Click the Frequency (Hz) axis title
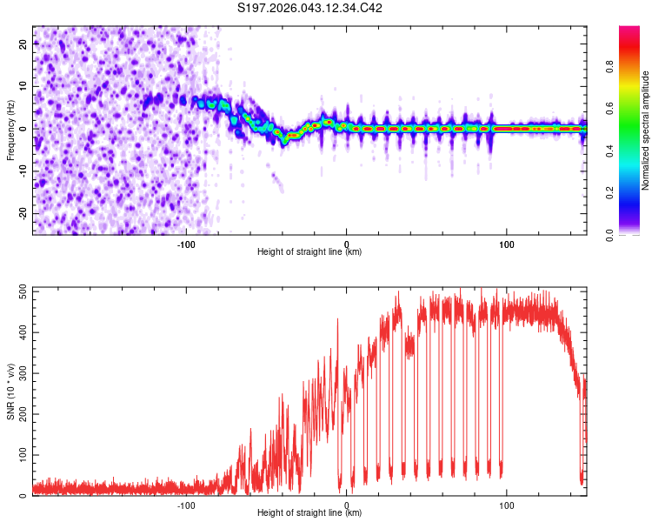[x=10, y=130]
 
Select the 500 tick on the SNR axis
[x=20, y=291]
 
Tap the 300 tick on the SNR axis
[x=20, y=373]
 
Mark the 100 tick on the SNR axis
[x=20, y=455]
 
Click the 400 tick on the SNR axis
[x=20, y=332]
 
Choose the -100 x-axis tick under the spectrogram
[x=186, y=243]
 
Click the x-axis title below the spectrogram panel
[x=309, y=252]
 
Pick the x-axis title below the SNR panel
[x=309, y=513]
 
